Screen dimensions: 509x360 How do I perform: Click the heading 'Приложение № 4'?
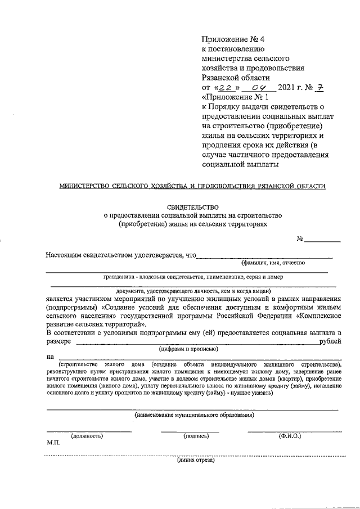coord(232,39)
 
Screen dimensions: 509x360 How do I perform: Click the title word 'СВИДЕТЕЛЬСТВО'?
coord(193,207)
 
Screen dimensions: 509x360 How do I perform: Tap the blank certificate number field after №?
coord(322,240)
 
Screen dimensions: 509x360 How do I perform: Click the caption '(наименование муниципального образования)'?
coord(194,415)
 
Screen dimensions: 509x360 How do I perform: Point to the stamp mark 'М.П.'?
coord(53,443)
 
